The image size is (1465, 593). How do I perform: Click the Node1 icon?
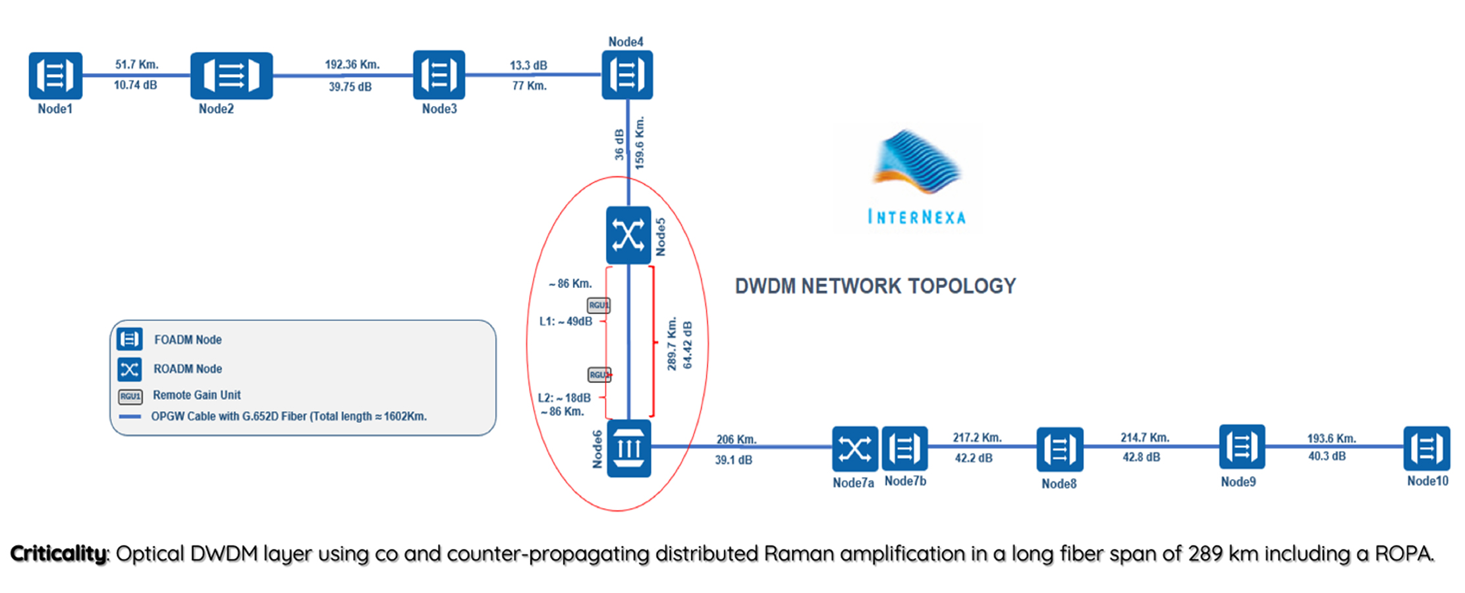click(55, 75)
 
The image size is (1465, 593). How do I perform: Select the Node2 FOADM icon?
click(231, 75)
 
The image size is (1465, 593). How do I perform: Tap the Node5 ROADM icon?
click(628, 235)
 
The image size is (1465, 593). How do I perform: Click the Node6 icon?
click(628, 449)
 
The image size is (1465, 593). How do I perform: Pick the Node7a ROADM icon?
click(854, 449)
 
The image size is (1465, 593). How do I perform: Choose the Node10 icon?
click(1426, 449)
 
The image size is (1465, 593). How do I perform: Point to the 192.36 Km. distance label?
click(352, 65)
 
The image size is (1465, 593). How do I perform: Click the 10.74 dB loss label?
click(135, 85)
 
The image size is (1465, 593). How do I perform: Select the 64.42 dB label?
click(688, 345)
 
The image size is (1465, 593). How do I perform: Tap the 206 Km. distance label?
click(736, 439)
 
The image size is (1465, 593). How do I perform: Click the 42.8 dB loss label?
click(1141, 457)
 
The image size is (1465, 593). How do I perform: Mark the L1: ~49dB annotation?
click(565, 322)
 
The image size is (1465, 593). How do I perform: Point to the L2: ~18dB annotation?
click(564, 398)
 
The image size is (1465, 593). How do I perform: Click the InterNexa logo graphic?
click(916, 161)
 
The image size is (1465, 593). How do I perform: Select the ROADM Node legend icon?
click(129, 369)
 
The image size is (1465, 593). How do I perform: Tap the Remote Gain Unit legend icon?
click(130, 396)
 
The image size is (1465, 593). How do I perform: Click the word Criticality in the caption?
click(58, 553)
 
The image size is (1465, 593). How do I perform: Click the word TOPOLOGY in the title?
click(962, 286)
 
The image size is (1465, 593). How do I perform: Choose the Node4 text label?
click(625, 42)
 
